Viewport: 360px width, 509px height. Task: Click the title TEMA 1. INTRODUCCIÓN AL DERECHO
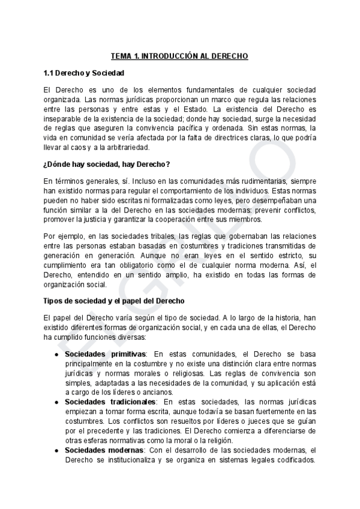click(x=179, y=56)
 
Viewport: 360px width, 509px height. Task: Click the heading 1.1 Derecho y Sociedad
click(x=84, y=73)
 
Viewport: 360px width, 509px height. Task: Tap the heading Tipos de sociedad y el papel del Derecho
click(x=115, y=300)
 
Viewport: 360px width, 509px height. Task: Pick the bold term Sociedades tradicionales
click(x=111, y=402)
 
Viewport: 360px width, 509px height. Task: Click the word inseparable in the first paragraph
click(x=64, y=118)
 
